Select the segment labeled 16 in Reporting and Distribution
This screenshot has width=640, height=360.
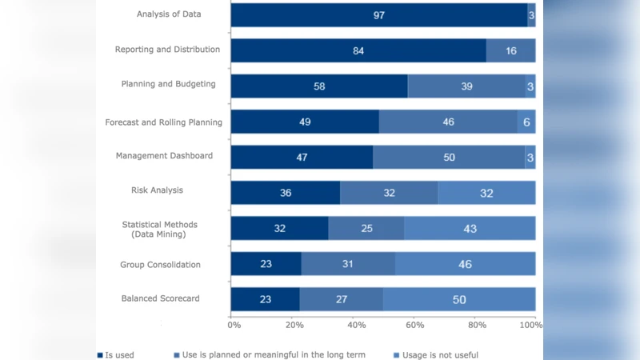pos(510,50)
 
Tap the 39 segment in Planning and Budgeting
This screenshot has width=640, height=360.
pos(466,86)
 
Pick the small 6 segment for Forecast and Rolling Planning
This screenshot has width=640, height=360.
pos(526,122)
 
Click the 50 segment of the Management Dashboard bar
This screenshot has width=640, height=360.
pos(449,157)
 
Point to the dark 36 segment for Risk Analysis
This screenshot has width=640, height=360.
pos(286,192)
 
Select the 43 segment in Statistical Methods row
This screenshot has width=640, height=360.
pos(470,228)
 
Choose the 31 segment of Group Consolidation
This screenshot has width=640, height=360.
pos(348,264)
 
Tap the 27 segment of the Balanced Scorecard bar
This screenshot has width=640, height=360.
pos(341,299)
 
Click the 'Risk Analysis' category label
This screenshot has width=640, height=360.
pos(157,190)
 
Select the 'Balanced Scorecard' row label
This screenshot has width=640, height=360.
pos(160,298)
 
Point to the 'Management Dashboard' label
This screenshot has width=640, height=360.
pos(164,155)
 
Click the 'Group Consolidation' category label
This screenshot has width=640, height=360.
pos(160,264)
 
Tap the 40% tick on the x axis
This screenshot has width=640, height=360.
pos(357,325)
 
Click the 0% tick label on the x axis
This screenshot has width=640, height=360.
pos(234,325)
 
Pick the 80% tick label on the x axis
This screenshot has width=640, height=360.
pos(477,325)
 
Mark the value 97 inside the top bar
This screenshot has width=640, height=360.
pos(379,15)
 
